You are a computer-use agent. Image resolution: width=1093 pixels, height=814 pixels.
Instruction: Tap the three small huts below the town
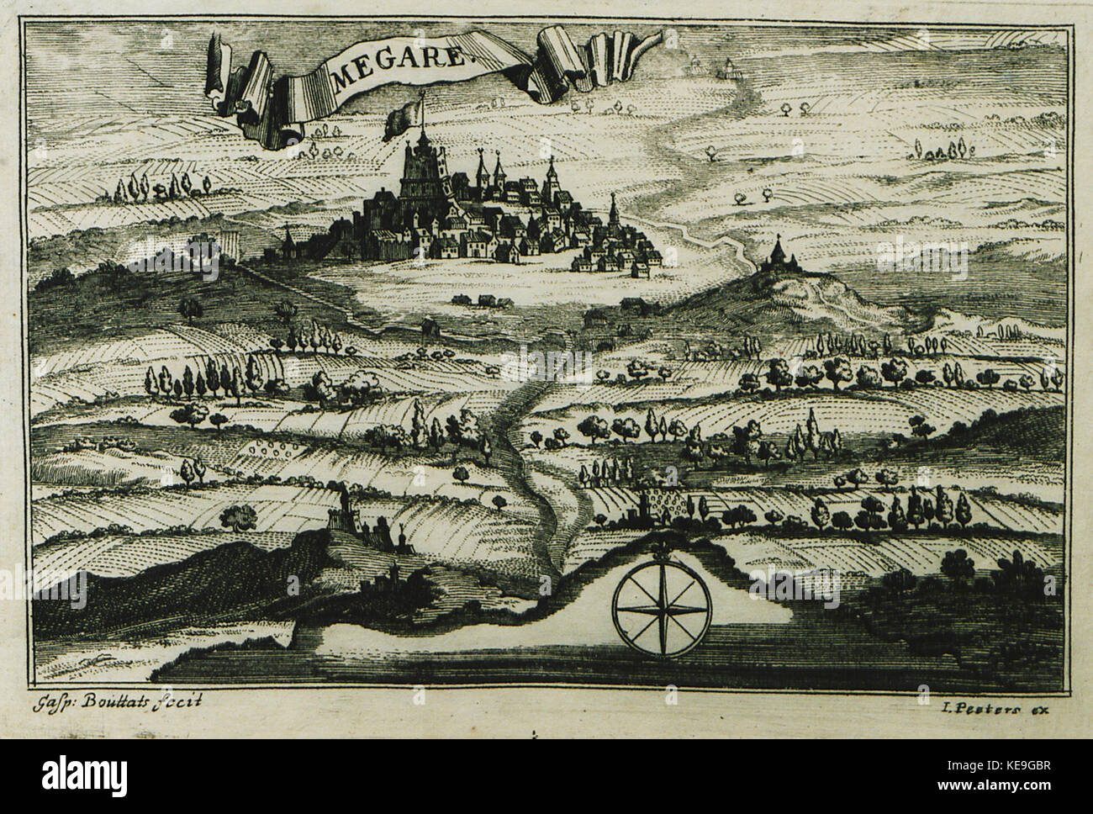(x=477, y=299)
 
